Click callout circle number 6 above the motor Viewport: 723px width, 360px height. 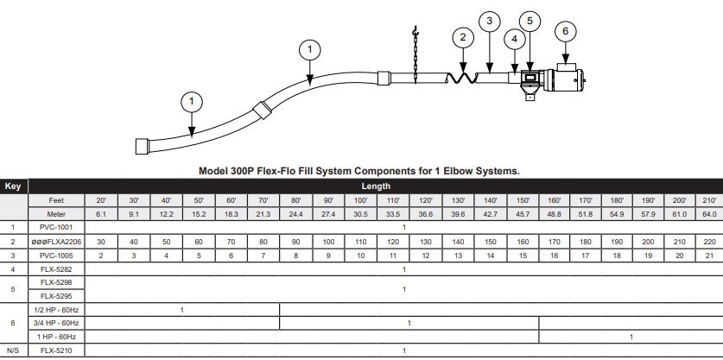[566, 30]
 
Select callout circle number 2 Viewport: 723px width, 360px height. [463, 37]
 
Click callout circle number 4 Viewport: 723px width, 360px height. [514, 39]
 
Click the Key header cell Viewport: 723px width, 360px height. [14, 186]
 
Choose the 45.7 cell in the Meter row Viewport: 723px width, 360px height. [523, 213]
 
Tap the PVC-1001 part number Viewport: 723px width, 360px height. [58, 227]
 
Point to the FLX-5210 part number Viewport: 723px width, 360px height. [58, 350]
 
